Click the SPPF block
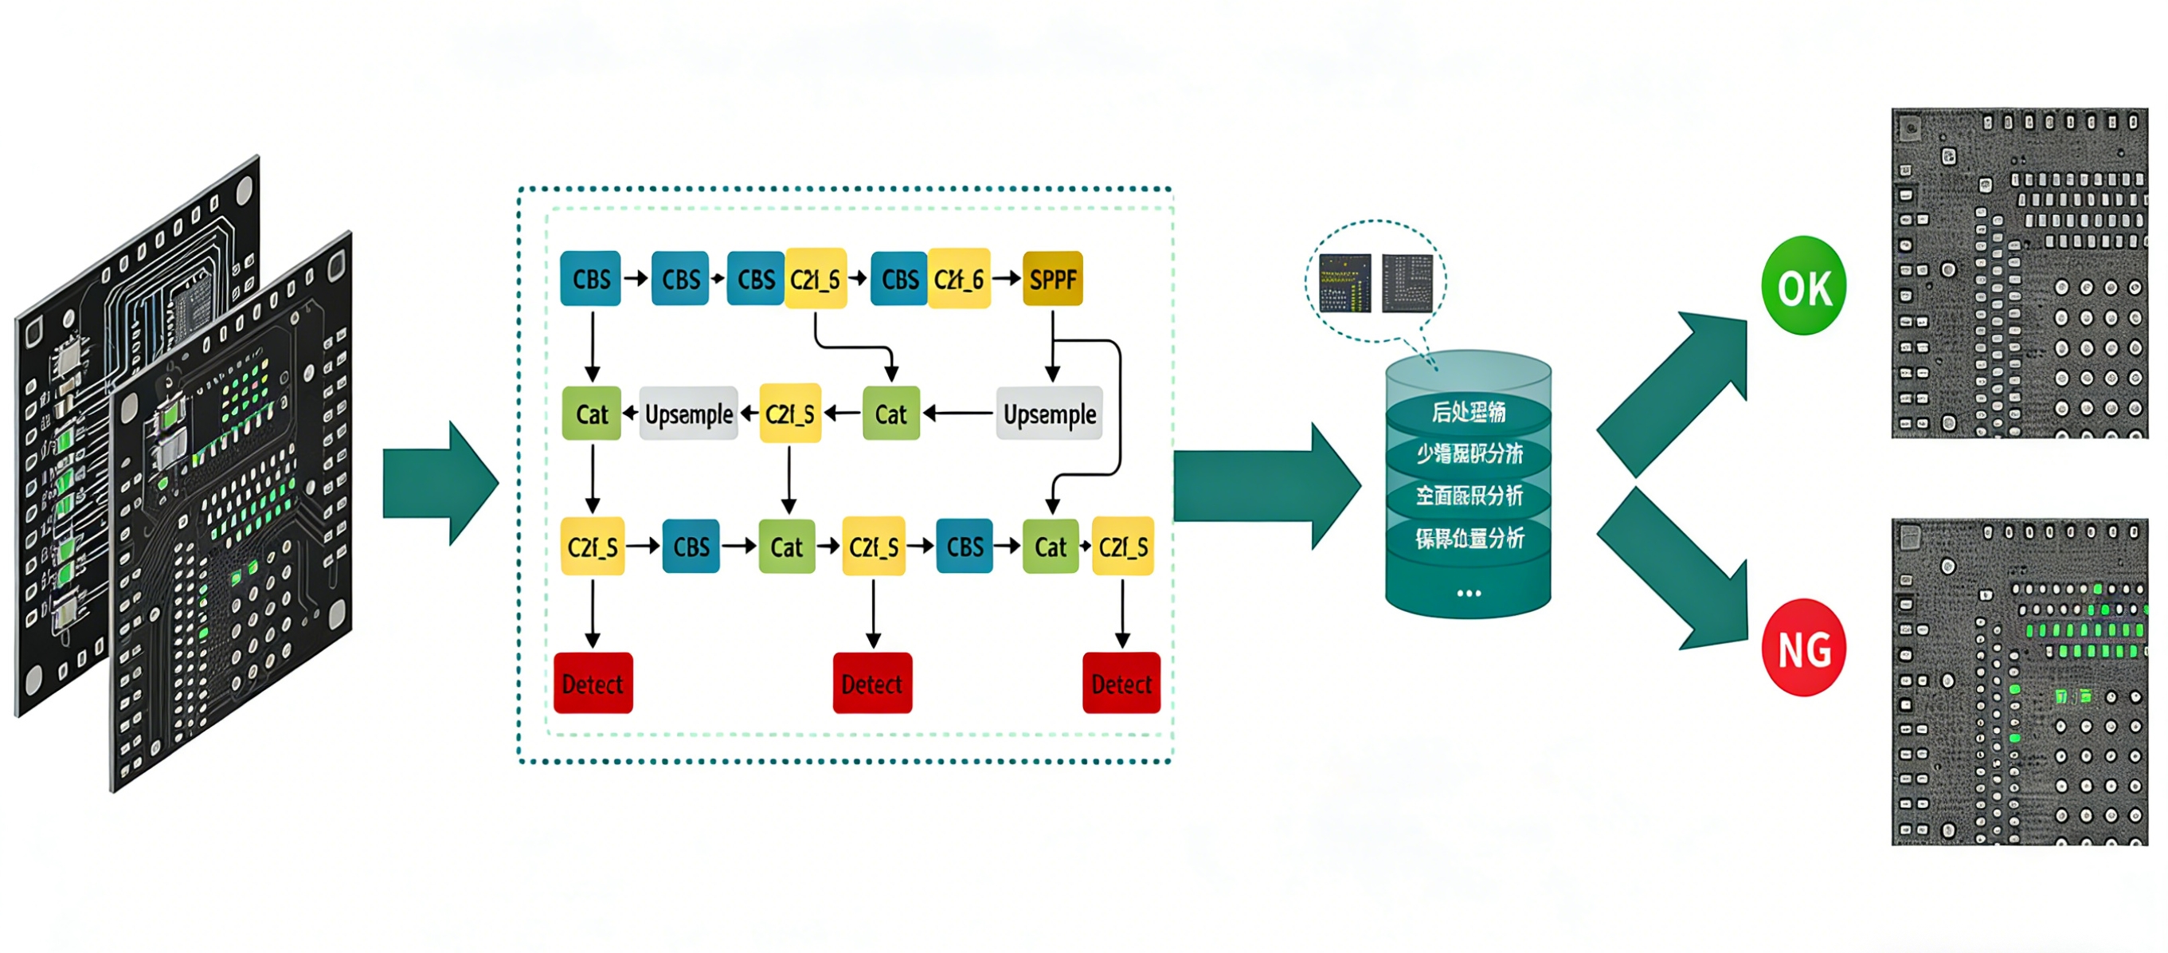point(1052,279)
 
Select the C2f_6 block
point(960,279)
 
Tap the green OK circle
point(1803,286)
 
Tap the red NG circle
point(1803,649)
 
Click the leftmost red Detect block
point(593,683)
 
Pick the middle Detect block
point(872,683)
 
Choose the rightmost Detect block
point(1121,683)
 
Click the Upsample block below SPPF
point(1049,414)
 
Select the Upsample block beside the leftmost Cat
point(688,414)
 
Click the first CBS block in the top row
point(591,279)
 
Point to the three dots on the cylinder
point(1469,594)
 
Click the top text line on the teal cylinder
point(1469,412)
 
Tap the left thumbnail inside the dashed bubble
point(1345,284)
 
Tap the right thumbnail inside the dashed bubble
point(1407,284)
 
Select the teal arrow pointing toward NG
point(1675,572)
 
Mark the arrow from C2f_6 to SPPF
point(1007,279)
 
